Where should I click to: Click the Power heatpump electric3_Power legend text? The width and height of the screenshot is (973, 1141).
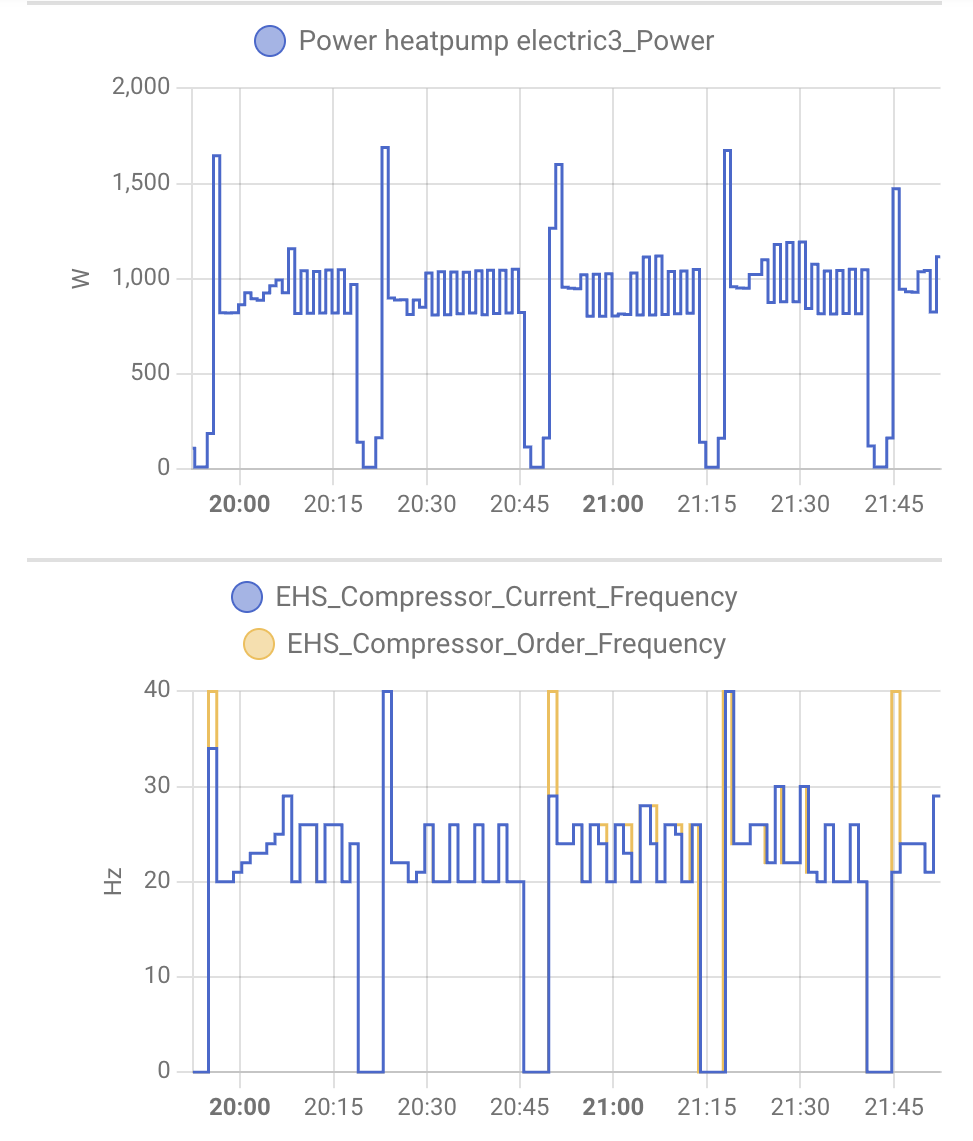pyautogui.click(x=506, y=41)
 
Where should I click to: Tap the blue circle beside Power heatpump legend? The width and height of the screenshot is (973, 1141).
pyautogui.click(x=270, y=41)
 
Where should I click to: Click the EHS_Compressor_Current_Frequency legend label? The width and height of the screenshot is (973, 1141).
pyautogui.click(x=505, y=597)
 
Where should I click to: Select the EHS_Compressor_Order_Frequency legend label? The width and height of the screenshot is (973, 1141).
pyautogui.click(x=505, y=643)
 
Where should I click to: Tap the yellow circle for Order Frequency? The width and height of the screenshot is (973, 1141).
pyautogui.click(x=259, y=643)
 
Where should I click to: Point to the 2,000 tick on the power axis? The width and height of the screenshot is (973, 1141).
pyautogui.click(x=142, y=88)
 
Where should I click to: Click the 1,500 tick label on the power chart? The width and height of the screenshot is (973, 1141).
pyautogui.click(x=142, y=183)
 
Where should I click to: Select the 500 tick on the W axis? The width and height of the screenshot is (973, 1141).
pyautogui.click(x=150, y=374)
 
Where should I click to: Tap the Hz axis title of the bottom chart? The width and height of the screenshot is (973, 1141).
pyautogui.click(x=113, y=881)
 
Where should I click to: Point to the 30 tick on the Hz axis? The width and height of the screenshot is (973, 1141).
pyautogui.click(x=157, y=786)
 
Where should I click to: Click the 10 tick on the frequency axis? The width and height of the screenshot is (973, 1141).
pyautogui.click(x=157, y=976)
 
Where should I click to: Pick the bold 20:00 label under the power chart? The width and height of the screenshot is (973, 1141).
pyautogui.click(x=239, y=503)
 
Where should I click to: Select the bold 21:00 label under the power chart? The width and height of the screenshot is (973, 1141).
pyautogui.click(x=613, y=503)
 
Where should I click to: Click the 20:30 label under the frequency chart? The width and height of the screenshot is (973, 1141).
pyautogui.click(x=427, y=1107)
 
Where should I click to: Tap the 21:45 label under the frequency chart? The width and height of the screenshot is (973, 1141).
pyautogui.click(x=894, y=1107)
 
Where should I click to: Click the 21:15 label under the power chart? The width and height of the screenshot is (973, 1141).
pyautogui.click(x=706, y=503)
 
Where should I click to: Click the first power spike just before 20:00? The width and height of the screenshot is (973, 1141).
pyautogui.click(x=216, y=157)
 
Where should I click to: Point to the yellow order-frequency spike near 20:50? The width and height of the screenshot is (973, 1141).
pyautogui.click(x=553, y=693)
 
